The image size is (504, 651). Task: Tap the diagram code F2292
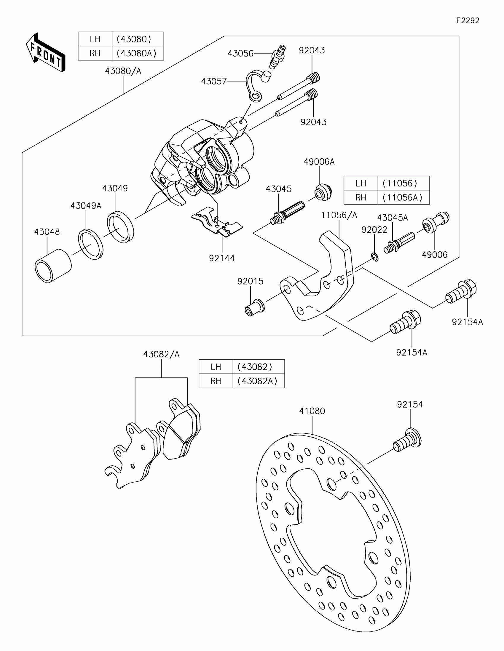pos(468,20)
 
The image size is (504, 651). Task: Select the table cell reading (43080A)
pos(137,53)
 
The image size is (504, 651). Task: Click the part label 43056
pos(240,54)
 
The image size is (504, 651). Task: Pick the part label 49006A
pos(319,162)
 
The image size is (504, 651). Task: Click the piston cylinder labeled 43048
pos(53,266)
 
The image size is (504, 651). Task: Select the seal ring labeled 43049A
pos(91,244)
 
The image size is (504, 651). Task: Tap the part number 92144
pos(222,258)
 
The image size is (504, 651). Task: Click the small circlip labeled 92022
pos(375,257)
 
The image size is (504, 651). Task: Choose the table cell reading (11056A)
pos(403,198)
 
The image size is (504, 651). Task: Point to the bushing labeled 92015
pos(254,308)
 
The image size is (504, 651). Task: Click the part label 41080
pos(312,411)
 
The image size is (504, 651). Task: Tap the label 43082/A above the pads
pos(161,355)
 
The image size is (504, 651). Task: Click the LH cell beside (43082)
pos(216,367)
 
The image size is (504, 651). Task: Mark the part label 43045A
pos(392,218)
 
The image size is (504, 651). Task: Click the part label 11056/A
pos(339,215)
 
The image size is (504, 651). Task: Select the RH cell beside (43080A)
pos(95,53)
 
